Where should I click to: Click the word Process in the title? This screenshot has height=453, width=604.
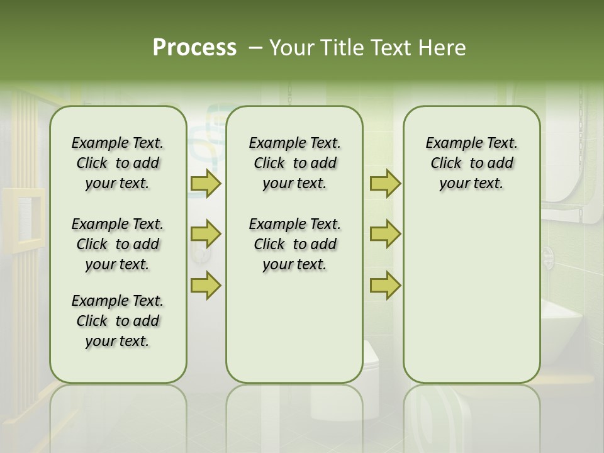click(194, 48)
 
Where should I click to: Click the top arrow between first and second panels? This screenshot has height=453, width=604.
click(206, 183)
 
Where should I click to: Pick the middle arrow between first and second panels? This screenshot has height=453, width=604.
click(206, 234)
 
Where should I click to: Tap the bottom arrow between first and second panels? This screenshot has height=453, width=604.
click(206, 285)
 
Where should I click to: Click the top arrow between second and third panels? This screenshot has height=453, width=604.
click(385, 183)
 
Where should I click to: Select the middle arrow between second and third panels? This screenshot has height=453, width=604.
click(385, 234)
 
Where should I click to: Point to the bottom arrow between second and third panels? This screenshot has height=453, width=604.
click(385, 285)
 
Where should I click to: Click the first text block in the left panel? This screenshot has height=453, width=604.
click(118, 163)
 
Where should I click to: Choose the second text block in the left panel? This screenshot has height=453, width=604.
click(118, 244)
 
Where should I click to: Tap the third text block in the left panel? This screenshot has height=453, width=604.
click(118, 321)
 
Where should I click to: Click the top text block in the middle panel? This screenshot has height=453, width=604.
click(294, 163)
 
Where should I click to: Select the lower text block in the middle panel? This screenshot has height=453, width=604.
click(294, 244)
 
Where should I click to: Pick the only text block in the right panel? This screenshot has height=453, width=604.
click(471, 163)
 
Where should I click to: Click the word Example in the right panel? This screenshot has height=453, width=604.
click(449, 143)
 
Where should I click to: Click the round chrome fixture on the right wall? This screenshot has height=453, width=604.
click(548, 255)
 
